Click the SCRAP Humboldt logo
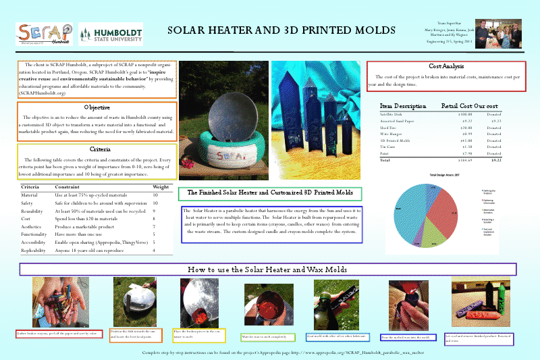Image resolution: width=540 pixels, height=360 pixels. pos(45,34)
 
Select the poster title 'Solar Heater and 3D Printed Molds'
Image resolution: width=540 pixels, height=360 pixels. pos(281,31)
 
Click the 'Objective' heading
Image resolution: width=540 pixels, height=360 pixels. pos(97,107)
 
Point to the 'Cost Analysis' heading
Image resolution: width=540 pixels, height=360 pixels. pos(446,67)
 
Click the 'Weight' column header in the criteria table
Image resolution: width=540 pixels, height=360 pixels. pos(161,186)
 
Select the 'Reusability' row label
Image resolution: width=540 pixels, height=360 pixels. pos(34,211)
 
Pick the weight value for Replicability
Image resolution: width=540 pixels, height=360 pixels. pos(155,251)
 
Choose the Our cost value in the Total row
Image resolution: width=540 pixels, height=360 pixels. pos(495,161)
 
